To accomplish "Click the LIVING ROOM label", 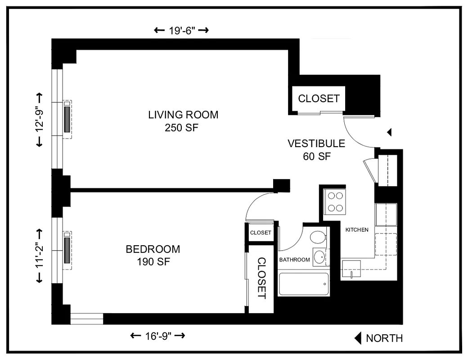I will [x=183, y=115].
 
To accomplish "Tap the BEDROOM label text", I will [x=153, y=249].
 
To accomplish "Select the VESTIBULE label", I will [x=316, y=144].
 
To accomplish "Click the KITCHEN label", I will [x=357, y=230].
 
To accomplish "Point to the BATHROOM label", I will [x=295, y=260].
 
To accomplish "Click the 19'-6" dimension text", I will [x=181, y=31].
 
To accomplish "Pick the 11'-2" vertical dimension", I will [x=39, y=256].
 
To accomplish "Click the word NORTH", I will [x=384, y=338].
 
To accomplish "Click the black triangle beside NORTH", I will [x=358, y=338].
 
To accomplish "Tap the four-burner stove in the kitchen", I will [x=334, y=202].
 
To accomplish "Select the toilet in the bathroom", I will [x=319, y=237].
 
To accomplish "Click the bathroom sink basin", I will [x=320, y=257].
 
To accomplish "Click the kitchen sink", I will [x=351, y=269].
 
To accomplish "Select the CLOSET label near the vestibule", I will [x=319, y=99].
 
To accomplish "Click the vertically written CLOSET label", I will [x=261, y=278].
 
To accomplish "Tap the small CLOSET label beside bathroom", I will [x=261, y=233].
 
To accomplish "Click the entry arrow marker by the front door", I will [x=390, y=132].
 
